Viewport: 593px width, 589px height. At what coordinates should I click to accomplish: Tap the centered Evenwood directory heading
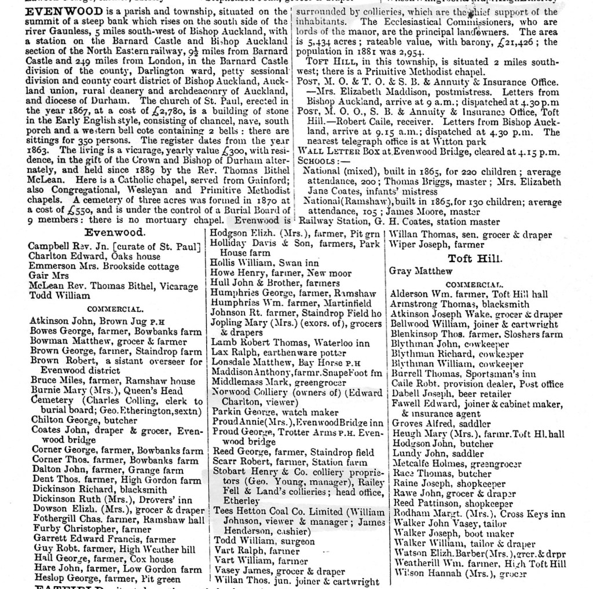pyautogui.click(x=115, y=233)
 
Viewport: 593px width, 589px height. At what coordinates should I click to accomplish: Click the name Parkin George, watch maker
pyautogui.click(x=274, y=413)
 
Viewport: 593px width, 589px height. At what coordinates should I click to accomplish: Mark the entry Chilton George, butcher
pyautogui.click(x=83, y=420)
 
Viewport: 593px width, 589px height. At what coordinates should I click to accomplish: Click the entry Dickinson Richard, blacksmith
pyautogui.click(x=99, y=489)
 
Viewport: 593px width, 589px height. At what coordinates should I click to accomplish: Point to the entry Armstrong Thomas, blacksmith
pyautogui.click(x=460, y=304)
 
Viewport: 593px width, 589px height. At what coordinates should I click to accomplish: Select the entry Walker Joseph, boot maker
pyautogui.click(x=453, y=533)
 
